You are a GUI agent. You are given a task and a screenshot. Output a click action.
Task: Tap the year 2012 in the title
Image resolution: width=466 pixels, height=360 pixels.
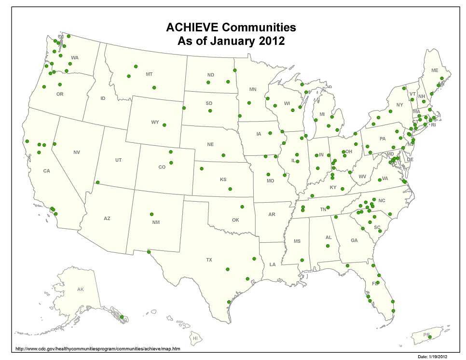point(268,41)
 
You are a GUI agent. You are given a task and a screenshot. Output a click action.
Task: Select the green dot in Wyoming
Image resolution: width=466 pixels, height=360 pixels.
point(164,125)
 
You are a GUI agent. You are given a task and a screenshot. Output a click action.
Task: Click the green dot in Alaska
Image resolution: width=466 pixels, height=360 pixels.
point(122,317)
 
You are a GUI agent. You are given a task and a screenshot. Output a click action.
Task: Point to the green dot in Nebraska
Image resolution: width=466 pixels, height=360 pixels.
point(223,155)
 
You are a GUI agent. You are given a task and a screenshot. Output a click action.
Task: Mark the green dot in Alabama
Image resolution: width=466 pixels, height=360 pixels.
point(328,247)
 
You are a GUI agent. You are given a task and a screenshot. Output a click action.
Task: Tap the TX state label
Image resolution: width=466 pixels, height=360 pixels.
point(209,260)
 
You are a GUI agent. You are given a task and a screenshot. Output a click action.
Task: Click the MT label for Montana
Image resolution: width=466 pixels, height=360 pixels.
point(149,74)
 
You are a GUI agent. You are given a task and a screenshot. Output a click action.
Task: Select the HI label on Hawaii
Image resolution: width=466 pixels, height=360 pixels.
point(195,338)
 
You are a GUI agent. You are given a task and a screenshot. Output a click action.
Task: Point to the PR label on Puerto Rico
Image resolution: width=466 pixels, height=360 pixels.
point(426,334)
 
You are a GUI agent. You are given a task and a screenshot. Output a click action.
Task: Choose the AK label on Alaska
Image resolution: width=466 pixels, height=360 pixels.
point(81,290)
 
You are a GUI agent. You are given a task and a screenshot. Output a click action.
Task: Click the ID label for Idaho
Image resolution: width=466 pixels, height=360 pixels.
point(103,98)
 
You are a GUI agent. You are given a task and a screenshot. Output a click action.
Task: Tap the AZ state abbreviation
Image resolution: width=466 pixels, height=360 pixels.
point(107,219)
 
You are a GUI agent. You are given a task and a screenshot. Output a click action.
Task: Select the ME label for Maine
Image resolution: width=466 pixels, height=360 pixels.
point(435,70)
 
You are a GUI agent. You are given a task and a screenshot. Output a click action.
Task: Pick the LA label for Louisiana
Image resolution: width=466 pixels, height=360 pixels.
point(273,264)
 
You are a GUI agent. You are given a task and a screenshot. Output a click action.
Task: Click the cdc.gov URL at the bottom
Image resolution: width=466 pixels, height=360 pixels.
point(98,348)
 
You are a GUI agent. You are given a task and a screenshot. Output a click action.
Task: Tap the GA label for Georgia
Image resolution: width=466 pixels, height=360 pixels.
point(354,240)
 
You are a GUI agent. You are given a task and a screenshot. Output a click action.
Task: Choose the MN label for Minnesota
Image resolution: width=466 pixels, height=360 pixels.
point(253,90)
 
